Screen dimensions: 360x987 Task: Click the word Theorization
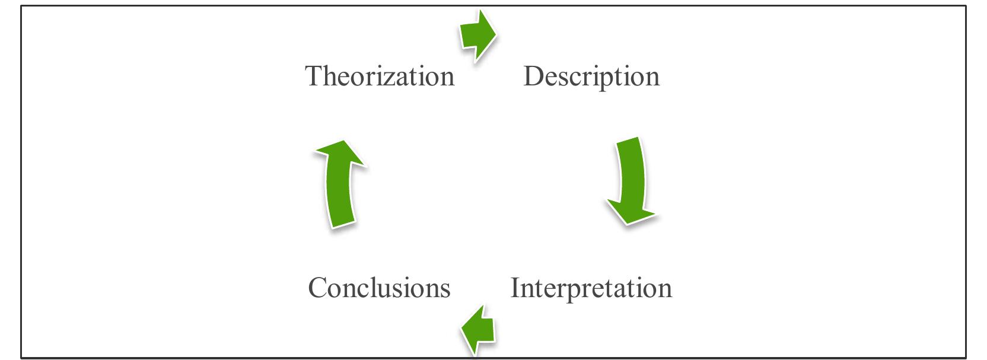coord(380,76)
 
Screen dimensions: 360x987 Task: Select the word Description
coord(591,76)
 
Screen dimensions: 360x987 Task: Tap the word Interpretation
coord(591,288)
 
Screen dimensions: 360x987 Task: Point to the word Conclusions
coord(379,288)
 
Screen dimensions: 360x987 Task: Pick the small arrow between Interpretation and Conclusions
coord(478,330)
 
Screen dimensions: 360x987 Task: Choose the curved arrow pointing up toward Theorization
coord(339,184)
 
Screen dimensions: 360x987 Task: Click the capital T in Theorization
coord(314,76)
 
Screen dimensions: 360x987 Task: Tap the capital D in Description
coord(533,76)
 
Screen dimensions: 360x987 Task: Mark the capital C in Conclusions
coord(319,288)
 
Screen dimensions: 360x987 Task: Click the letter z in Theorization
coord(394,78)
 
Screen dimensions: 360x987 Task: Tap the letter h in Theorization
coord(329,76)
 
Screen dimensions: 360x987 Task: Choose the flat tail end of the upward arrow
coord(342,223)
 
